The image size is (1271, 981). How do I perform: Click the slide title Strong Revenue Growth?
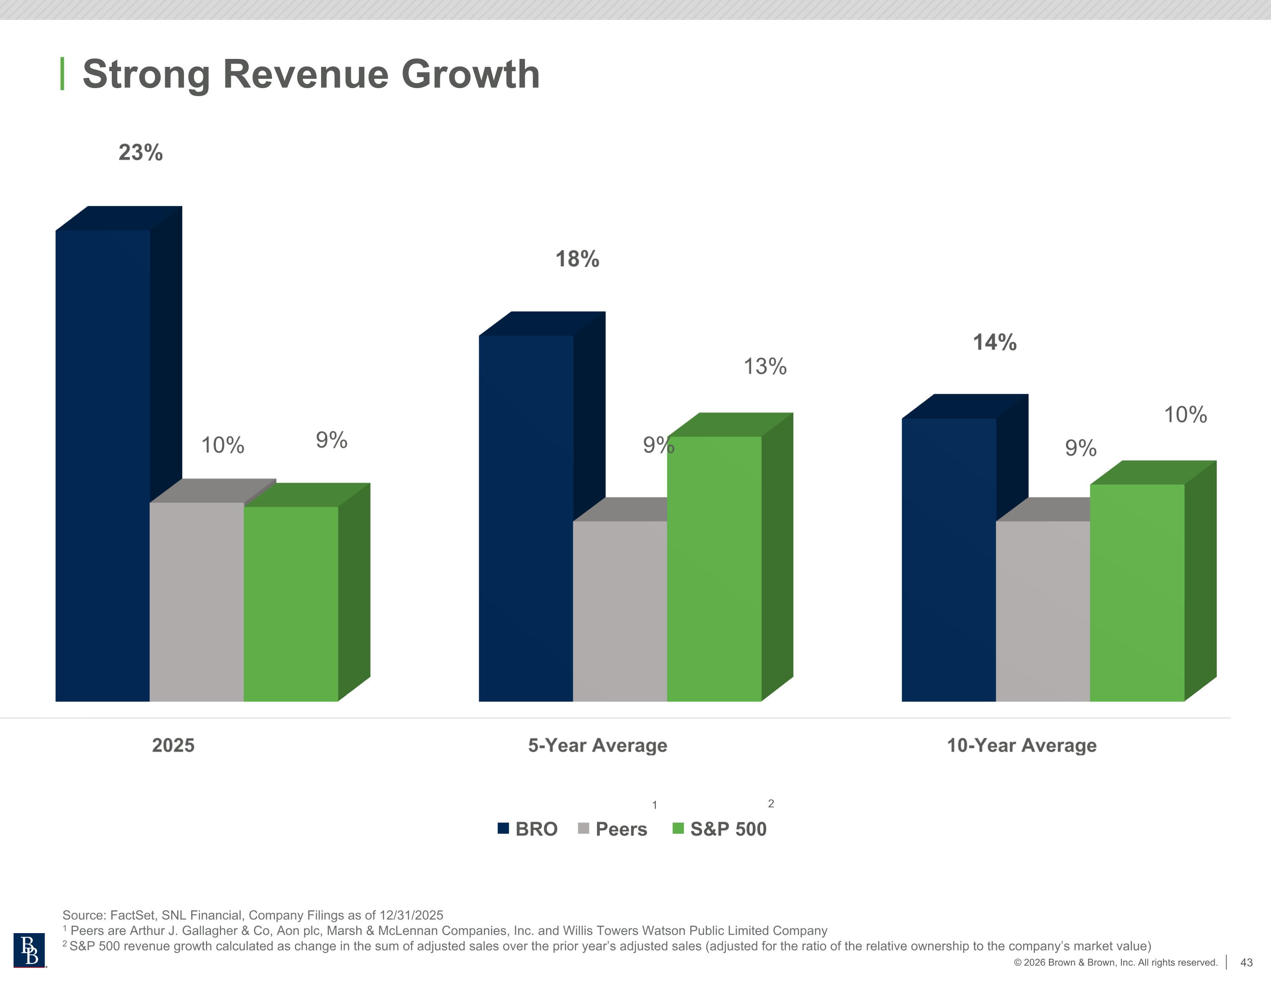point(311,75)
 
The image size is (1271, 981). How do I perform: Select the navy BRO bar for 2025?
point(103,466)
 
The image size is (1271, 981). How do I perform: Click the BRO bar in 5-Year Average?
point(525,518)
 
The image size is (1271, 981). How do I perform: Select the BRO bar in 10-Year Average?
point(949,559)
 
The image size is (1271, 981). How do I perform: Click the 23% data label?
point(140,153)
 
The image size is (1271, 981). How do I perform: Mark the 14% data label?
point(995,342)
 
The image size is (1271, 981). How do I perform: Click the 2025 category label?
point(173,745)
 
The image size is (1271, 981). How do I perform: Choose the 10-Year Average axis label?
point(1021,745)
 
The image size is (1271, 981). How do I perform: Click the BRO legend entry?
point(528,828)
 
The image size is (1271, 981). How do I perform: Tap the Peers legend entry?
point(613,828)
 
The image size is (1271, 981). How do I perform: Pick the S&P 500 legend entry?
point(720,828)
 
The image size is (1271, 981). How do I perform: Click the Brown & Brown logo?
point(29,950)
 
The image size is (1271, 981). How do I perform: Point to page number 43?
point(1246,962)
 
